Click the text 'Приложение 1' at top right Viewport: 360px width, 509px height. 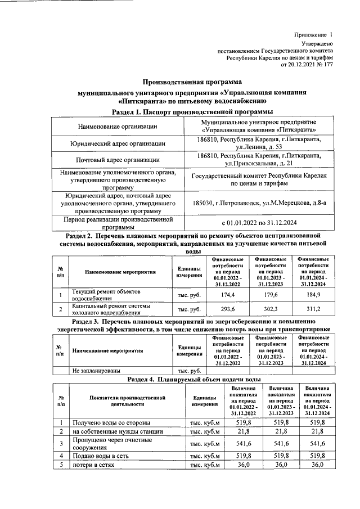pyautogui.click(x=313, y=35)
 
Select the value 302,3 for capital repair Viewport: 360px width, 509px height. pyautogui.click(x=271, y=309)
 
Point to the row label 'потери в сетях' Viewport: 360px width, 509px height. pyautogui.click(x=93, y=465)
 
